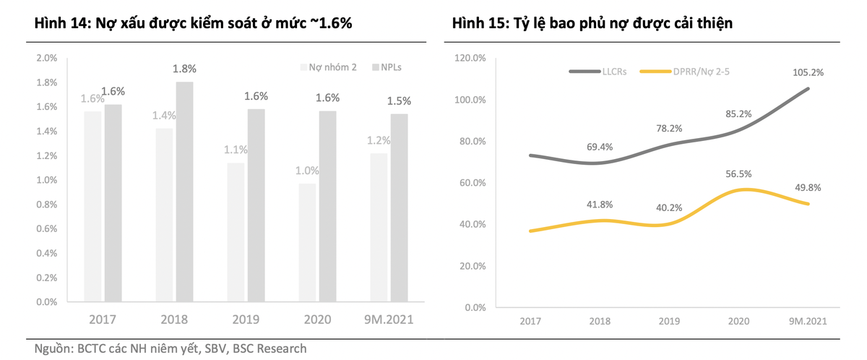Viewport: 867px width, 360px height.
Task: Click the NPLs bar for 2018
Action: pyautogui.click(x=184, y=192)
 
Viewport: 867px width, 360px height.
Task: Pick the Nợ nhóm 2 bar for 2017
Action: pyautogui.click(x=92, y=206)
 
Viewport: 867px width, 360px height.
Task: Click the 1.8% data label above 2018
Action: pyautogui.click(x=184, y=69)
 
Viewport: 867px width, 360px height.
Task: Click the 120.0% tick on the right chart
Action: pyautogui.click(x=470, y=58)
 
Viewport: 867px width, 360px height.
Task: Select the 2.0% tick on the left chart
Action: pyautogui.click(x=47, y=58)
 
